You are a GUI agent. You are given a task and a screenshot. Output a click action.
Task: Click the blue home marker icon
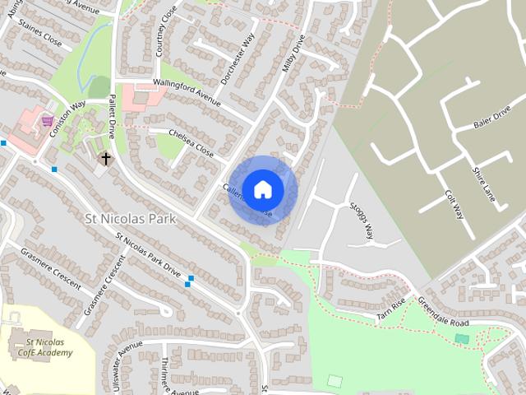pyautogui.click(x=262, y=189)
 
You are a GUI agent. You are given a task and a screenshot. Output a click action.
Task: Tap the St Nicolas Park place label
pyautogui.click(x=131, y=219)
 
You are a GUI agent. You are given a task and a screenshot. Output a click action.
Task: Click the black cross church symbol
pyautogui.click(x=105, y=157)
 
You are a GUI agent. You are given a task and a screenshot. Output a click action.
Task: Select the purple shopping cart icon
pyautogui.click(x=47, y=120)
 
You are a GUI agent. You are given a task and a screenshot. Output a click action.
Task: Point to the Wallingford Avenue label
pyautogui.click(x=188, y=91)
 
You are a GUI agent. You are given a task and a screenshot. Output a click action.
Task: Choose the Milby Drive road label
pyautogui.click(x=293, y=54)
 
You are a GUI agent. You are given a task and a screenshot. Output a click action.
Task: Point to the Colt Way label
pyautogui.click(x=453, y=202)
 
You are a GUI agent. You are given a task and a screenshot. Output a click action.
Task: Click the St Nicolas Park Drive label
pyautogui.click(x=148, y=255)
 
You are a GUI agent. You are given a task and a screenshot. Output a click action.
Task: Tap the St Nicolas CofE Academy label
pyautogui.click(x=48, y=347)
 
